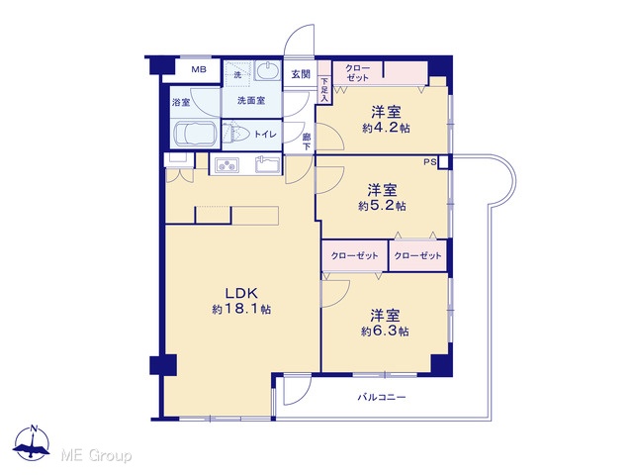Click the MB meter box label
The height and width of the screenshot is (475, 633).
(x=199, y=69)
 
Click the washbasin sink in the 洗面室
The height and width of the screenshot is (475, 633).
(x=267, y=71)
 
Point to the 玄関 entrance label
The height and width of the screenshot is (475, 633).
(x=301, y=74)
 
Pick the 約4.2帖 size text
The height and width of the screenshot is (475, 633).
(x=386, y=129)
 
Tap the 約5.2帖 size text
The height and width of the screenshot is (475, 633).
(x=382, y=207)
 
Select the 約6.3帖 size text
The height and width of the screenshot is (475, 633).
(x=385, y=332)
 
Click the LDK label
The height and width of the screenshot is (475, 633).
(x=241, y=293)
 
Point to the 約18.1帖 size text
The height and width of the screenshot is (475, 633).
(x=241, y=310)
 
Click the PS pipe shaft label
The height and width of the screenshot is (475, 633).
(x=430, y=162)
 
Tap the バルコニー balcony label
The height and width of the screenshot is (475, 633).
(x=382, y=398)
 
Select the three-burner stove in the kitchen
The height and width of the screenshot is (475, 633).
(x=226, y=165)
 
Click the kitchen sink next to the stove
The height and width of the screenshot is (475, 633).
(x=268, y=164)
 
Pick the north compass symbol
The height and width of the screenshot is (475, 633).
(x=32, y=442)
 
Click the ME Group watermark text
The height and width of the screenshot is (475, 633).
(x=96, y=456)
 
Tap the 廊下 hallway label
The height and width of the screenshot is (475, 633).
(x=307, y=142)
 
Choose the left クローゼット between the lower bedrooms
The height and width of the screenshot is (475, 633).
(x=355, y=255)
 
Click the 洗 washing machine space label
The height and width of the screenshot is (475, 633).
(x=237, y=75)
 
